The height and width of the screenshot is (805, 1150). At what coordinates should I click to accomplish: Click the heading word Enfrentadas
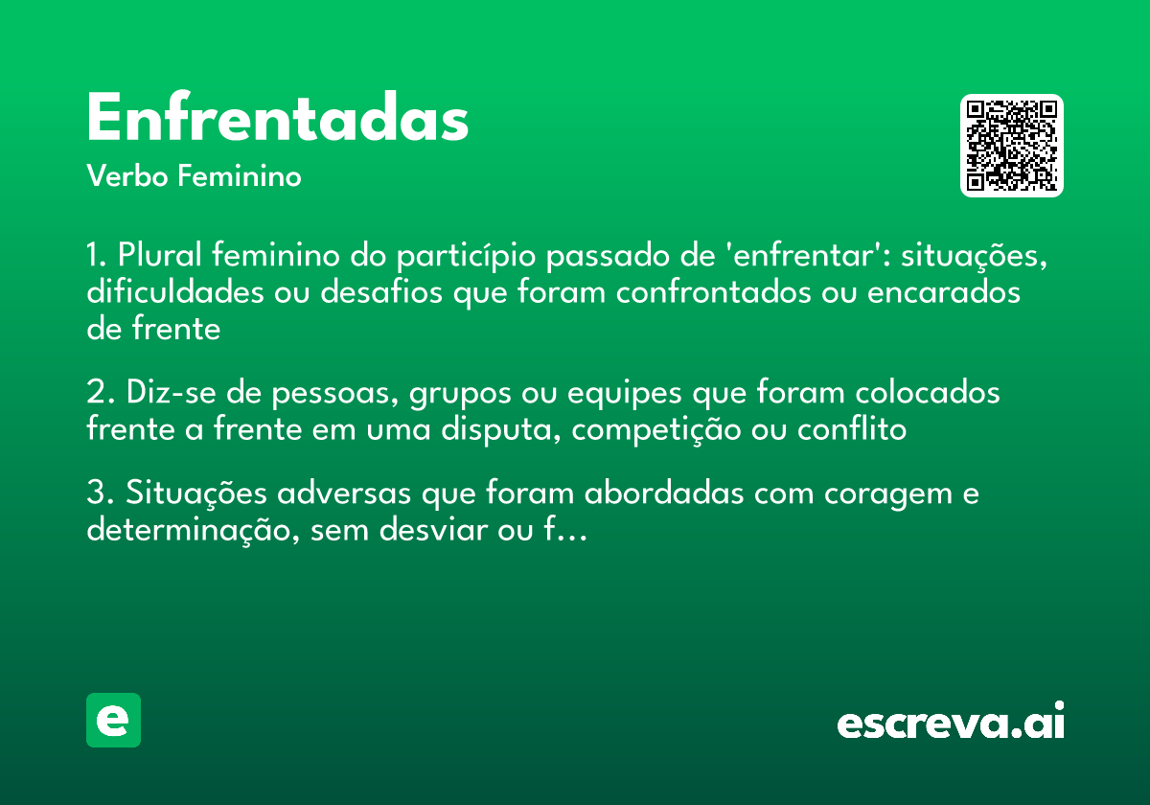click(x=277, y=120)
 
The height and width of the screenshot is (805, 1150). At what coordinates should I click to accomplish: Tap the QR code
click(x=1012, y=146)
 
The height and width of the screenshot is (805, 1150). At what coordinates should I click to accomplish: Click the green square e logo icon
click(x=113, y=720)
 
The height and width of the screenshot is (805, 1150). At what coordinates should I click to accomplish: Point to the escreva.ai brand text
click(x=951, y=723)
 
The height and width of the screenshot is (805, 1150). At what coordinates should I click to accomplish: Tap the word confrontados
click(x=715, y=292)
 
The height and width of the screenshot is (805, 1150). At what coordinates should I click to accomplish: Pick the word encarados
click(x=944, y=292)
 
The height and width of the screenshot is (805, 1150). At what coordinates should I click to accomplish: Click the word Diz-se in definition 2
click(x=163, y=394)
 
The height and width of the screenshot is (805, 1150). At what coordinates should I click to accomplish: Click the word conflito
click(x=852, y=430)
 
